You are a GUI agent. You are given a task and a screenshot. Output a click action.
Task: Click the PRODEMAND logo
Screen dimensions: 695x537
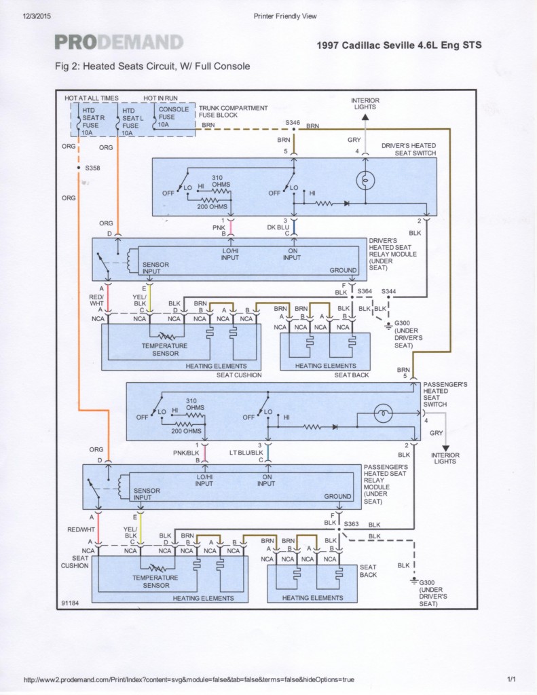coord(119,43)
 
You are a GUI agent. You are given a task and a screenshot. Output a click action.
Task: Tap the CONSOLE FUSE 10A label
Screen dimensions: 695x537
coord(173,117)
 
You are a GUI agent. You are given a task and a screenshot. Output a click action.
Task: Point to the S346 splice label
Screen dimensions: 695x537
coord(293,122)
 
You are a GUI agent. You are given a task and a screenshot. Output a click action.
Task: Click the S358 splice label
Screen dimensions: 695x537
coord(92,167)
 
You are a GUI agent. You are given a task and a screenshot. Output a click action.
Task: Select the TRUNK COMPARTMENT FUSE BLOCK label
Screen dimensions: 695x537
coord(233,111)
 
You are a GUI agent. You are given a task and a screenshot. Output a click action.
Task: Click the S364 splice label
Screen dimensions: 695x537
coord(365,291)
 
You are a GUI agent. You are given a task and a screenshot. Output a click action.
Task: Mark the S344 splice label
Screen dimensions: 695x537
coord(388,291)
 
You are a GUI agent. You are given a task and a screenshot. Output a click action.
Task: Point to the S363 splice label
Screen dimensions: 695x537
coord(351,524)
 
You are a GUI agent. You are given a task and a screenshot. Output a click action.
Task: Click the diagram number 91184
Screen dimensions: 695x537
coord(70,602)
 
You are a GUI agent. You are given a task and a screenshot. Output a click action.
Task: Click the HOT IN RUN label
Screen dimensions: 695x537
coord(161,98)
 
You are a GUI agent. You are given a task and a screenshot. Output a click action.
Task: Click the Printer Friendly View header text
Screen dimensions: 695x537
coord(284,16)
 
